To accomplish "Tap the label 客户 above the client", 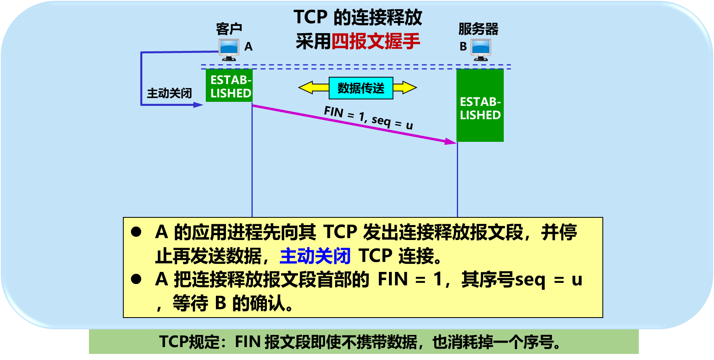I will pyautogui.click(x=229, y=29).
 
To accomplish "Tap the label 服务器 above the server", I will pyautogui.click(x=478, y=29).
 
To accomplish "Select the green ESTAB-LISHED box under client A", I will pyautogui.click(x=229, y=86).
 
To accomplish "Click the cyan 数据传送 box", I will pyautogui.click(x=361, y=88).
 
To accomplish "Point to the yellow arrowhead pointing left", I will pyautogui.click(x=306, y=87).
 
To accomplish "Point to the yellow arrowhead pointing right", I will pyautogui.click(x=409, y=87).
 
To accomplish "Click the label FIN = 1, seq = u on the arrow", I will pyautogui.click(x=368, y=118).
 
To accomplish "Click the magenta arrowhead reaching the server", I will pyautogui.click(x=451, y=141).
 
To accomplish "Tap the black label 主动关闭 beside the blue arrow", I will pyautogui.click(x=169, y=93).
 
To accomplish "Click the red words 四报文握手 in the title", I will pyautogui.click(x=376, y=41).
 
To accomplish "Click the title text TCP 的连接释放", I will pyautogui.click(x=357, y=17).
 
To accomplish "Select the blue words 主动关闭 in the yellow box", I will pyautogui.click(x=315, y=256).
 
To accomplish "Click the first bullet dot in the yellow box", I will pyautogui.click(x=136, y=232).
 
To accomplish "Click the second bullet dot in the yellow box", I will pyautogui.click(x=136, y=279).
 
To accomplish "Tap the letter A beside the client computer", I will pyautogui.click(x=248, y=47).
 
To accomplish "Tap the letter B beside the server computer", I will pyautogui.click(x=463, y=47).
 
